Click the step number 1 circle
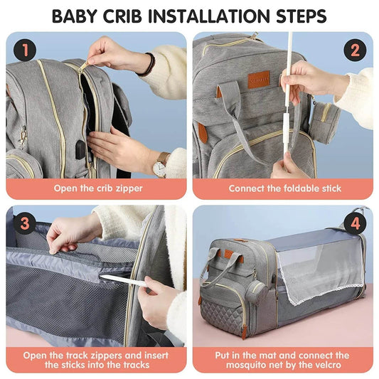[25, 50]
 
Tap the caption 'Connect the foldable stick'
[284, 188]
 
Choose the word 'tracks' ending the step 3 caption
[132, 365]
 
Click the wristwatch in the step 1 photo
[160, 165]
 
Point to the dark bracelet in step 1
[148, 65]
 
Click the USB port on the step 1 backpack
[80, 149]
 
